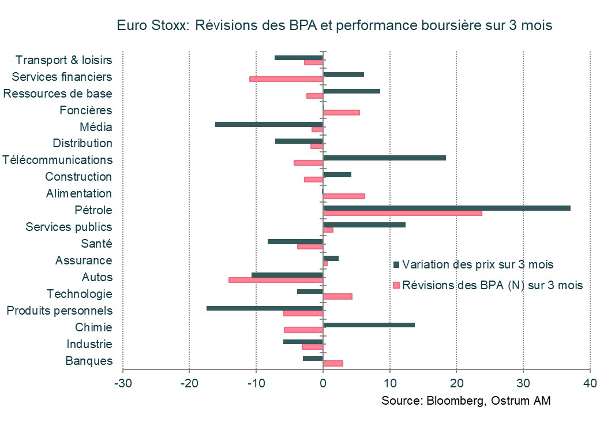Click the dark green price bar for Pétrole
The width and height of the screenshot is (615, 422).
[x=447, y=208]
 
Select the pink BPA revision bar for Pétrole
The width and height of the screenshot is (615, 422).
[x=402, y=213]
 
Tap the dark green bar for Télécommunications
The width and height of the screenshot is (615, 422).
[x=384, y=158]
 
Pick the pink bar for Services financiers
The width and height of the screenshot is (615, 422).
[x=286, y=79]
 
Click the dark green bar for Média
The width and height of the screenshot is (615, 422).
[x=269, y=124]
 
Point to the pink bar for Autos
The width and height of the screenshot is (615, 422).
[x=276, y=280]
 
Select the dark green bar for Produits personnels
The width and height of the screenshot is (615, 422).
[x=264, y=308]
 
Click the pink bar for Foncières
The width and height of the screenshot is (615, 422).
[x=341, y=113]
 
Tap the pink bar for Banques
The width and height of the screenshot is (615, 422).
[x=333, y=364]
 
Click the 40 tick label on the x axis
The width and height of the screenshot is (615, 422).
[x=590, y=383]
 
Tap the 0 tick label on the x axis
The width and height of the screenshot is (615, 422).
[x=323, y=383]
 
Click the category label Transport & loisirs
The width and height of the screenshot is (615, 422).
[x=63, y=60]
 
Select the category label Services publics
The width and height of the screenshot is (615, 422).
[x=69, y=227]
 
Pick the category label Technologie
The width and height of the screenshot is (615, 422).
[x=79, y=294]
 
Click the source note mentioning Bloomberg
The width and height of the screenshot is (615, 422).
[x=466, y=401]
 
